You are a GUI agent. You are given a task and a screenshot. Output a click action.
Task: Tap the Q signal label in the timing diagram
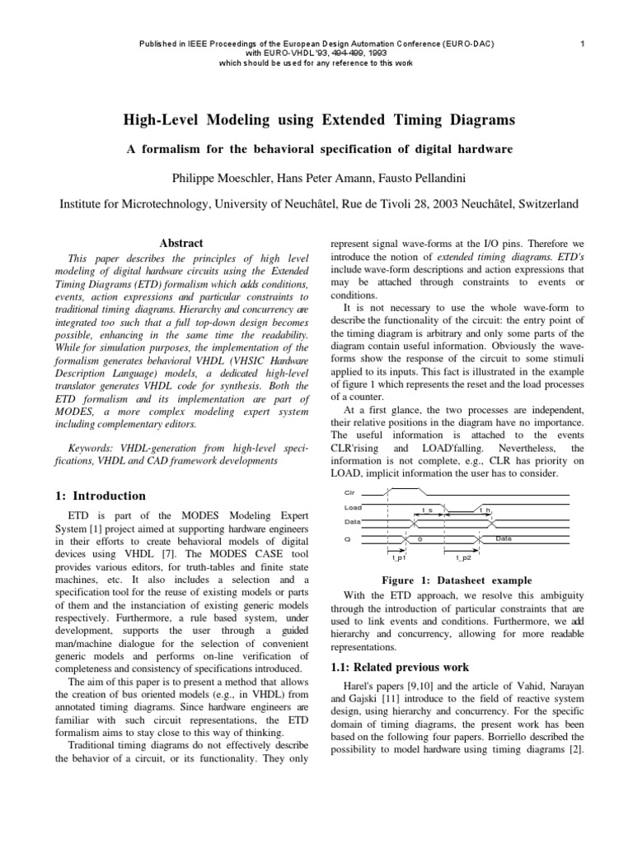[x=345, y=539]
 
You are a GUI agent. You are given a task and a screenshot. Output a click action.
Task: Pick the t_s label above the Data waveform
[x=427, y=510]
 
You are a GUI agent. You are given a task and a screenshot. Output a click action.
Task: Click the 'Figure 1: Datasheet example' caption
[x=457, y=579]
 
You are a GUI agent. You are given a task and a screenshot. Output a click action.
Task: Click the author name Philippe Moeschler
[x=215, y=177]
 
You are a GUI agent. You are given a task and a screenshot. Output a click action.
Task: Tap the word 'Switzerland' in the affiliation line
[x=544, y=203]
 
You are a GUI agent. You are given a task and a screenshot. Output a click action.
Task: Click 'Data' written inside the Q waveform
[x=504, y=539]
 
